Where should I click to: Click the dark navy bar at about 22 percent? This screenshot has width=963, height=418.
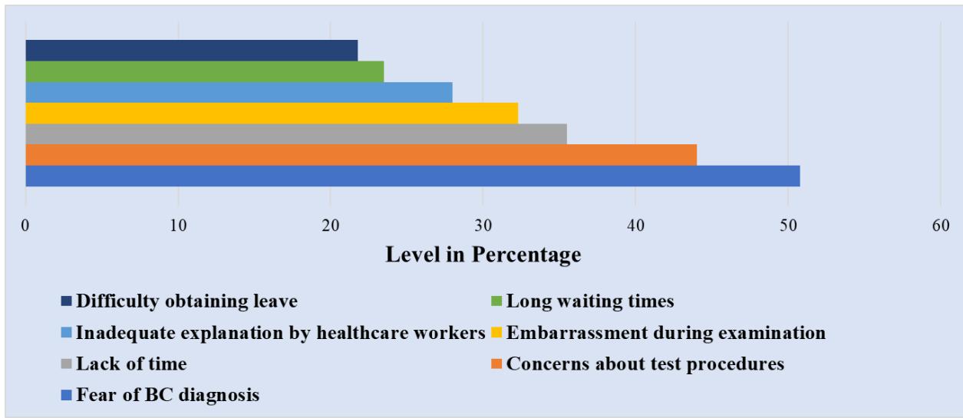[x=192, y=51]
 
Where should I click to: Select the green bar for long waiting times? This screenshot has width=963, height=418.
[x=205, y=71]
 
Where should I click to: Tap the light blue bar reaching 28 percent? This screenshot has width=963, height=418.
[x=239, y=92]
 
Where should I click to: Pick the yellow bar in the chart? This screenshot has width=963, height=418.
[x=272, y=113]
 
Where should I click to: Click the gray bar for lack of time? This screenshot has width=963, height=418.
[x=296, y=133]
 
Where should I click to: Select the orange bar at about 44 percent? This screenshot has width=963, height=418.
[x=361, y=154]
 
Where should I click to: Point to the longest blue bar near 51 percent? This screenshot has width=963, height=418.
[x=413, y=176]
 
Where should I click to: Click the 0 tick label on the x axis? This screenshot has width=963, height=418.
[x=26, y=227]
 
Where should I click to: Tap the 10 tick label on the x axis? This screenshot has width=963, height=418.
[x=178, y=227]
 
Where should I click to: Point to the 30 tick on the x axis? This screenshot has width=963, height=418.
[x=483, y=227]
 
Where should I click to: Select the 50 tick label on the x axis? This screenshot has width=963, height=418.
[x=787, y=227]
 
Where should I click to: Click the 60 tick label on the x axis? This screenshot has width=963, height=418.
[x=940, y=227]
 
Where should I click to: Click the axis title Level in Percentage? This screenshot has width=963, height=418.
[x=483, y=255]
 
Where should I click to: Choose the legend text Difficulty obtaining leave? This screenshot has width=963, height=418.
[x=186, y=301]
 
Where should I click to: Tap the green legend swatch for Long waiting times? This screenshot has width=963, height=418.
[x=496, y=301]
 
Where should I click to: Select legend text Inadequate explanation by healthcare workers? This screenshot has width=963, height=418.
[x=280, y=333]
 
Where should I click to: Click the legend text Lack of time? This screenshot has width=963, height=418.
[x=131, y=364]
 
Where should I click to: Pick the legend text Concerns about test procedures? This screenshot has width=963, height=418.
[x=645, y=364]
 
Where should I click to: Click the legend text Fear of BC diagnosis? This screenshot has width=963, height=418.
[x=167, y=395]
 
